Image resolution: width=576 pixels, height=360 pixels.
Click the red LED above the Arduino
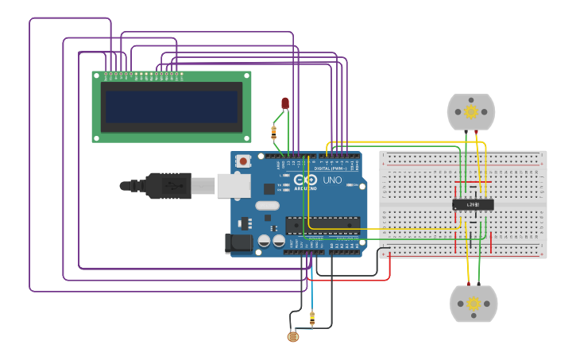285,103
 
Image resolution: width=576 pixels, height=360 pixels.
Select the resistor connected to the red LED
274,131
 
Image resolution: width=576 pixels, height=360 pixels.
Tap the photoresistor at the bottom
293,336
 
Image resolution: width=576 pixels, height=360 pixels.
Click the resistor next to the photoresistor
311,319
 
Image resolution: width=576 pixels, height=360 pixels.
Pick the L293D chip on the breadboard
473,205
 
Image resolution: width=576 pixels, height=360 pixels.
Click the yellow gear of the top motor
471,112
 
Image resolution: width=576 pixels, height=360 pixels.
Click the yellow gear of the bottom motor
474,304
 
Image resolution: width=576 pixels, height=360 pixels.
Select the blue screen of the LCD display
172,106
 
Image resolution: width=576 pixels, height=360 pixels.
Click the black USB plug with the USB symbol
167,185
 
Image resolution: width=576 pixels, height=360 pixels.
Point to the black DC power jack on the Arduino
238,243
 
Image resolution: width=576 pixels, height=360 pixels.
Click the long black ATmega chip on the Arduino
323,225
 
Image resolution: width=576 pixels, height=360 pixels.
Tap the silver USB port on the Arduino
234,185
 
